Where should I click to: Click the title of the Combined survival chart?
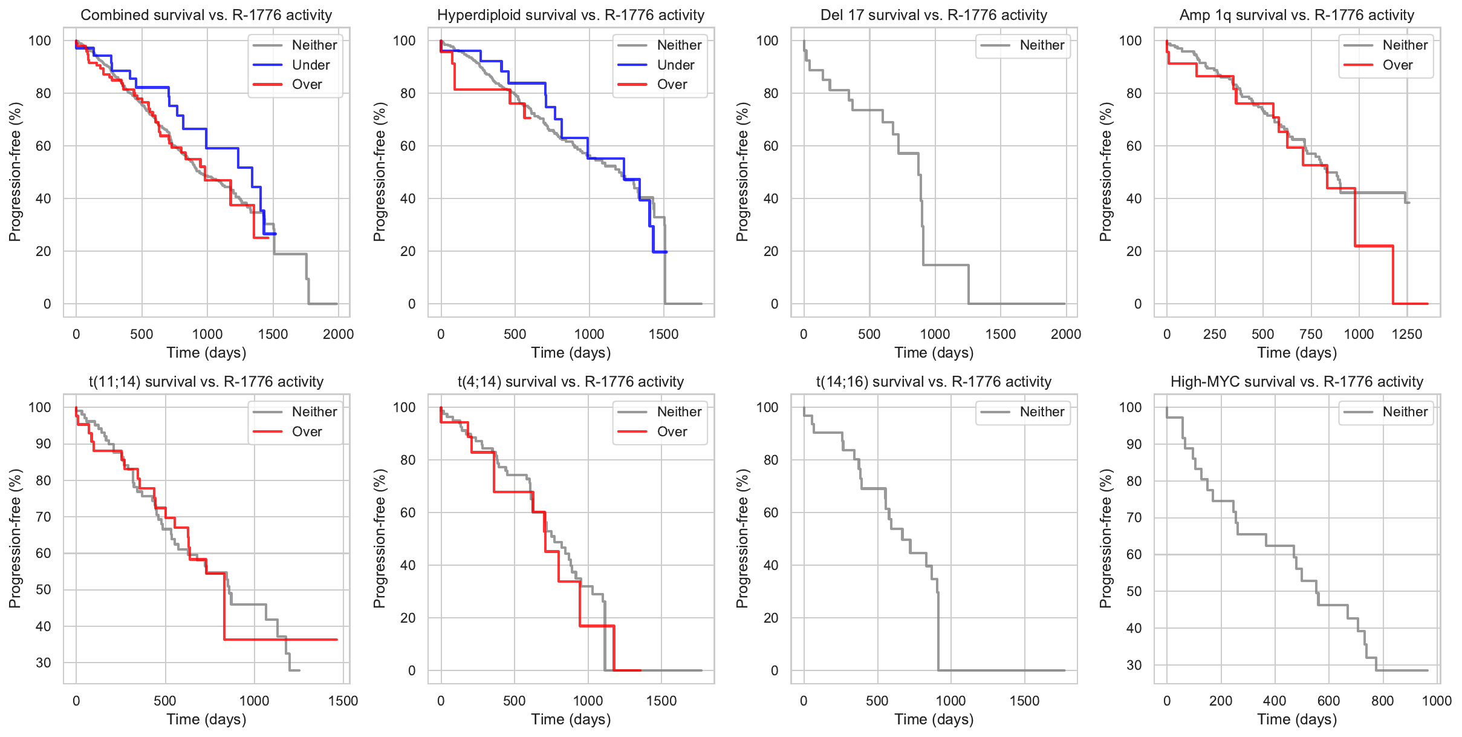206,15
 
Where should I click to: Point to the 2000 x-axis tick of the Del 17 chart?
1066,334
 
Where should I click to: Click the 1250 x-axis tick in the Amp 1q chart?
1407,334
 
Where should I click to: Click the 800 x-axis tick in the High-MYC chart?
1383,701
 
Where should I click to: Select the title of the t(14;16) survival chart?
934,382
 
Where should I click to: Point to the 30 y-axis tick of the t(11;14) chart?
44,663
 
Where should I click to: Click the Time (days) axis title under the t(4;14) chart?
571,719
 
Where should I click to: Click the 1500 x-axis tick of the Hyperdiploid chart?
663,334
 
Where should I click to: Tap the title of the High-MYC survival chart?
1297,382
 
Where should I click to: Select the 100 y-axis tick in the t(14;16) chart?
767,407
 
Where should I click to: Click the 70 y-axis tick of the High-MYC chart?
1134,518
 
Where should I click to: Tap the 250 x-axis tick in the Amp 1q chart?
1215,334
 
